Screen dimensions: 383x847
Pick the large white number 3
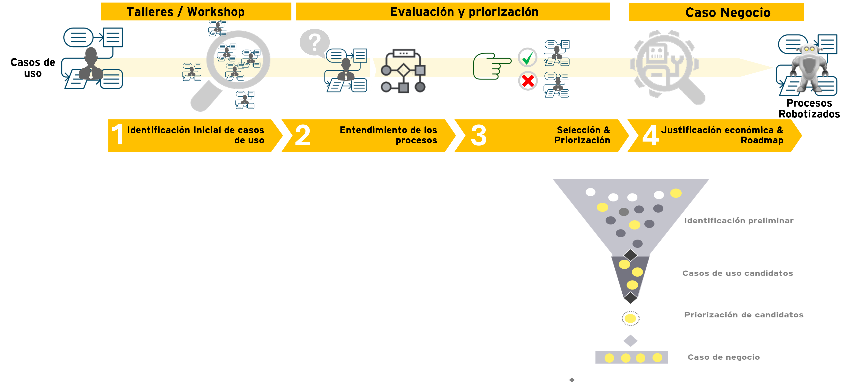(x=479, y=135)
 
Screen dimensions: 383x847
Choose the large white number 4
(x=650, y=135)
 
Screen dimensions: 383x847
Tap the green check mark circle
(x=527, y=57)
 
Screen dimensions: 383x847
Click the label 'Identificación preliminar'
(x=738, y=221)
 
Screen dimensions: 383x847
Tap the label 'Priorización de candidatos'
(x=743, y=315)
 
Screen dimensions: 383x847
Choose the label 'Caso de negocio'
(x=723, y=357)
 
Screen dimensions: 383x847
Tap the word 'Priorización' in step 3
(x=582, y=140)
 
